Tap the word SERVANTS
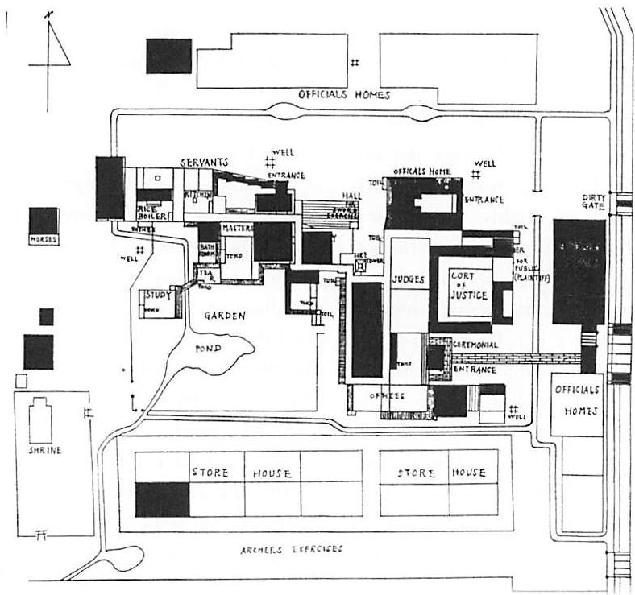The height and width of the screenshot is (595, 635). click(205, 162)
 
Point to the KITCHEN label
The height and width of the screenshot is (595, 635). click(197, 196)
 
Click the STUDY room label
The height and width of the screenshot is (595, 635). click(158, 296)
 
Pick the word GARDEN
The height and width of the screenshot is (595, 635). click(223, 316)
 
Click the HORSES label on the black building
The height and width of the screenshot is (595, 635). click(43, 239)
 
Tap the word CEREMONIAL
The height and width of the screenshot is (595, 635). click(479, 345)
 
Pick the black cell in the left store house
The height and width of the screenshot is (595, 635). click(162, 499)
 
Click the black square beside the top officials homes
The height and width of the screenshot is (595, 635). click(168, 56)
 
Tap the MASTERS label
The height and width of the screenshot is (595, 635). click(237, 229)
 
